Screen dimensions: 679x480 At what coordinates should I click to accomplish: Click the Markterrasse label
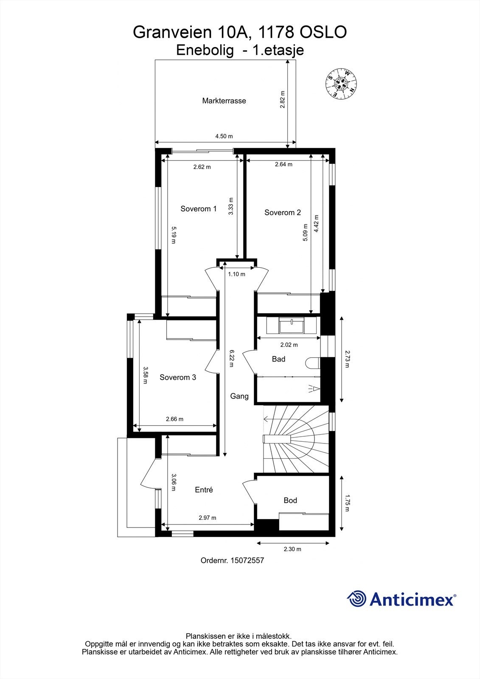click(x=224, y=101)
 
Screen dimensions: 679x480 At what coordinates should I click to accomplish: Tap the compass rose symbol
click(x=341, y=84)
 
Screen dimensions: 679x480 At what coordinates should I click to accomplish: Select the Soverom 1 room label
click(x=199, y=209)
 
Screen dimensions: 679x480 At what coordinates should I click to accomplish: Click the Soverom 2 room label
click(x=283, y=213)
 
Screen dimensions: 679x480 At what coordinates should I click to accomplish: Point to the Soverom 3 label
click(x=178, y=377)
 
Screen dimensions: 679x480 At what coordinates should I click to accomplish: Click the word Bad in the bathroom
click(x=278, y=359)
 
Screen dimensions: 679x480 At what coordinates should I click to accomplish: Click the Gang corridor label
click(x=239, y=396)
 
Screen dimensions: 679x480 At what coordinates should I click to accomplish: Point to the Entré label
click(x=204, y=490)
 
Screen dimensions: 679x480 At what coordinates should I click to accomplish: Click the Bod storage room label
click(x=290, y=501)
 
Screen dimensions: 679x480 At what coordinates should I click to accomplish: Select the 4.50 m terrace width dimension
click(x=224, y=136)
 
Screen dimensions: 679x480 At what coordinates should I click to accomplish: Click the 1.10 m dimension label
click(x=236, y=274)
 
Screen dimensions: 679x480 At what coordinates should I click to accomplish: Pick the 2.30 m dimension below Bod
click(x=292, y=549)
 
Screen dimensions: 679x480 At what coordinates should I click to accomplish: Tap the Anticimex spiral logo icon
click(x=356, y=599)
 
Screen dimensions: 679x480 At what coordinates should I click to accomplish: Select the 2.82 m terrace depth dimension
click(x=283, y=99)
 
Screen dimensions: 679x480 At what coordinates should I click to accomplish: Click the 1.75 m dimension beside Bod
click(x=347, y=502)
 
